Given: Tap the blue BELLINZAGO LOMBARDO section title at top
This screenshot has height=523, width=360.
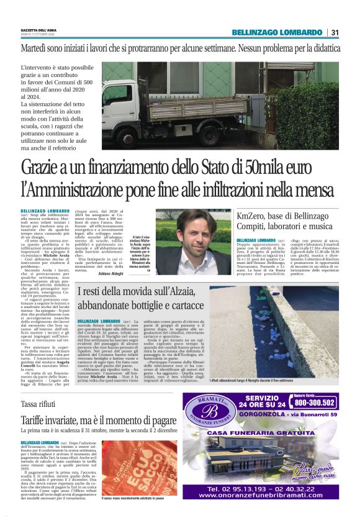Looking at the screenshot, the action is (277, 32).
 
